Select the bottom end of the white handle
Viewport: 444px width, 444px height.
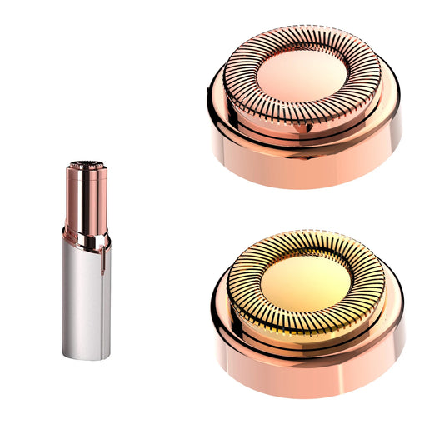[x=86, y=356]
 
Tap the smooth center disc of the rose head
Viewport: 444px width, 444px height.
[x=302, y=75]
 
